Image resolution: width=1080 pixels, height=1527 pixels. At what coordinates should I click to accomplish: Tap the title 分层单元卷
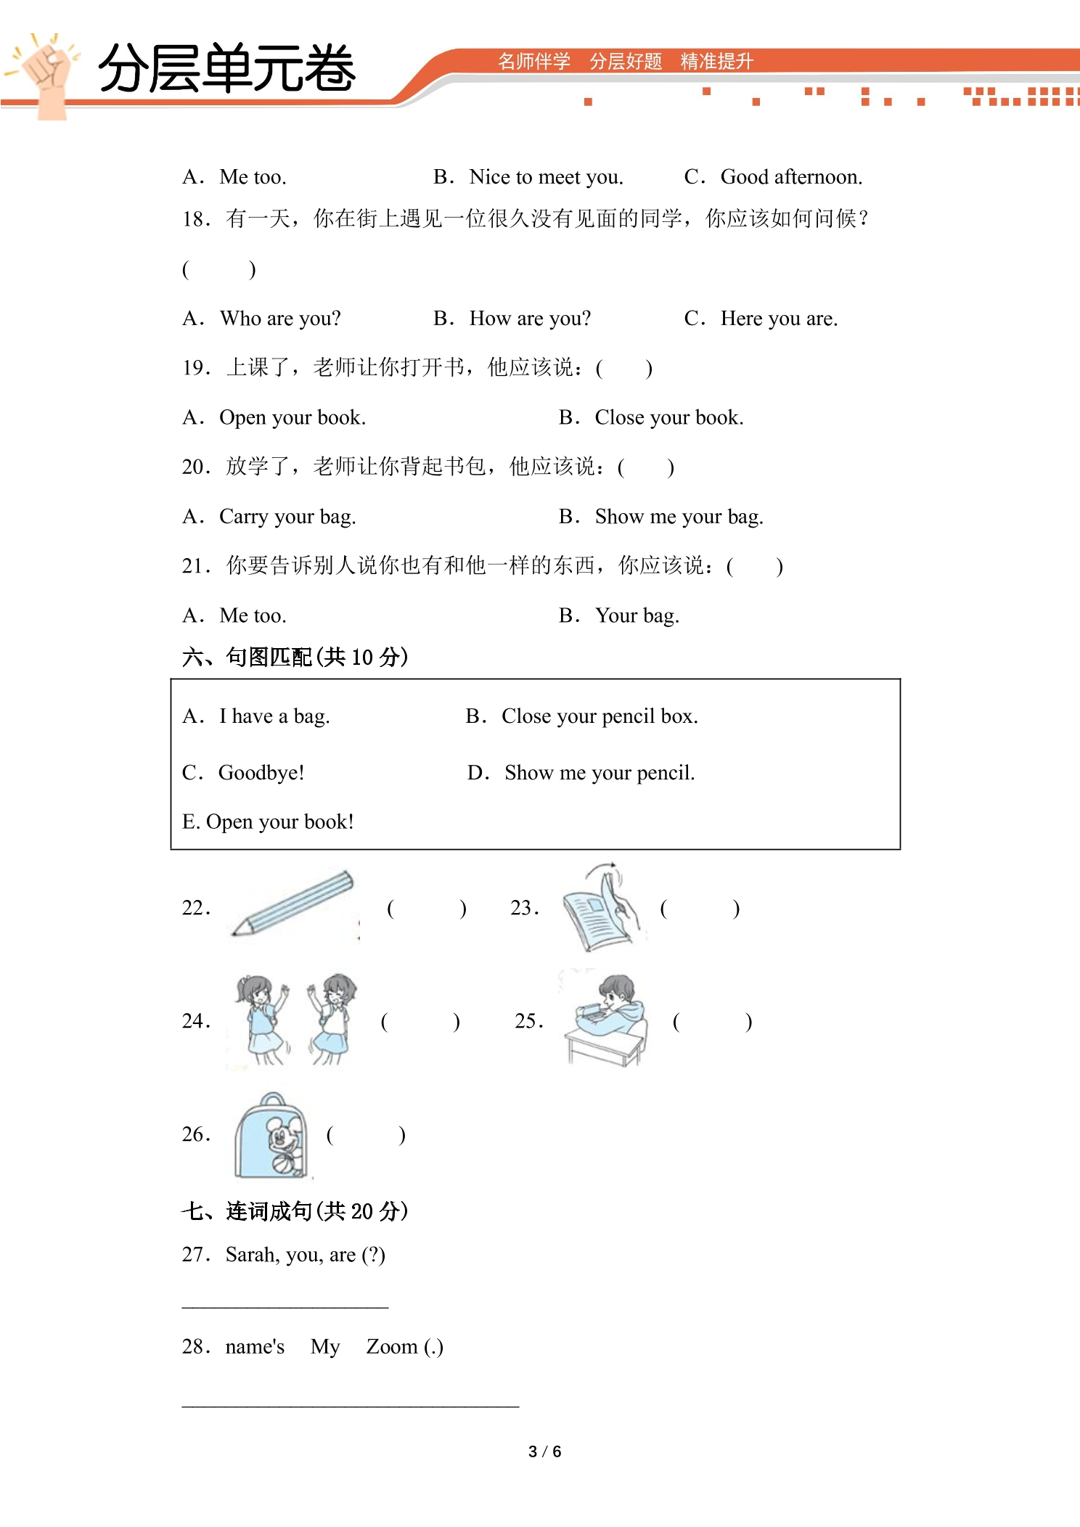(x=226, y=68)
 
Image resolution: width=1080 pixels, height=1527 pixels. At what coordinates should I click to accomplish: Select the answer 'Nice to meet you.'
(x=546, y=177)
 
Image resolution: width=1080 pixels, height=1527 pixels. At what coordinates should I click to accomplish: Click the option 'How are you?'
(x=530, y=319)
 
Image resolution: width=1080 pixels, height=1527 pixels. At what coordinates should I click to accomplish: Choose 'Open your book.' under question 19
(x=292, y=418)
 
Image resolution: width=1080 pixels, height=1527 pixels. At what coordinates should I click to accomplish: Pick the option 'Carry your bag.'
(x=287, y=517)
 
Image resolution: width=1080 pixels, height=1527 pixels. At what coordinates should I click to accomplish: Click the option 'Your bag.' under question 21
(x=637, y=616)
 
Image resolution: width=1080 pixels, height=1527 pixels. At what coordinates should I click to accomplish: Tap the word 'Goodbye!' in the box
(x=261, y=773)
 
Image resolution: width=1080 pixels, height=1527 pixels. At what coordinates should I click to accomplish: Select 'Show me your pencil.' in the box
(x=600, y=773)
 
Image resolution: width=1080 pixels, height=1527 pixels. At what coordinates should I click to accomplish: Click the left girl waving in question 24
(x=261, y=1020)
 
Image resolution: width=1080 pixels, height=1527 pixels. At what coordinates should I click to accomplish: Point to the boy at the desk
(x=605, y=1018)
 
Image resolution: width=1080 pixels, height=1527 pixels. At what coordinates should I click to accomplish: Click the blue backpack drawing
(x=271, y=1136)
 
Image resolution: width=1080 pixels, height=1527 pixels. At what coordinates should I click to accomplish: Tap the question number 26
(x=196, y=1134)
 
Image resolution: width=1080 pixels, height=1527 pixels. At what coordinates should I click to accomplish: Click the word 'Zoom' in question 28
(x=392, y=1347)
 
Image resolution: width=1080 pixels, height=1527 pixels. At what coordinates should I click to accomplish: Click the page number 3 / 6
(x=545, y=1452)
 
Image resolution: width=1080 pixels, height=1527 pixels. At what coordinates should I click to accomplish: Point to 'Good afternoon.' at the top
(x=791, y=177)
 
